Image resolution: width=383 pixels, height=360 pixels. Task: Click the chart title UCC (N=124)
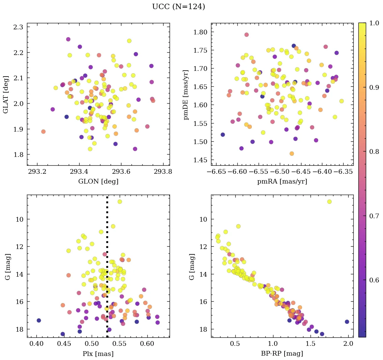pyautogui.click(x=178, y=7)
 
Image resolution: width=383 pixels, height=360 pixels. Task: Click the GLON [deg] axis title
pyautogui.click(x=98, y=182)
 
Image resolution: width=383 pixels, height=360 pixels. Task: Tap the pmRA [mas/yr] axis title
pyautogui.click(x=282, y=182)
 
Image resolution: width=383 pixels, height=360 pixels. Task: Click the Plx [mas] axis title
pyautogui.click(x=98, y=354)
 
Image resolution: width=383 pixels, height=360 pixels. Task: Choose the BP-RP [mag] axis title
pyautogui.click(x=282, y=354)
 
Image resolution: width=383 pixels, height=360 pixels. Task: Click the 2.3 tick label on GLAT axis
pyautogui.click(x=18, y=27)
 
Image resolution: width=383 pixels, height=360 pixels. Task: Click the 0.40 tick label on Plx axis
pyautogui.click(x=36, y=344)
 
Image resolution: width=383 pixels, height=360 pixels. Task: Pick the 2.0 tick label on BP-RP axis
pyautogui.click(x=348, y=344)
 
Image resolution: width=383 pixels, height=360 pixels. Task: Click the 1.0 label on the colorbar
pyautogui.click(x=374, y=23)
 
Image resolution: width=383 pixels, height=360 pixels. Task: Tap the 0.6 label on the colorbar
pyautogui.click(x=374, y=280)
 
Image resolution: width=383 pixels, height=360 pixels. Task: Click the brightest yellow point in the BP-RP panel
pyautogui.click(x=329, y=202)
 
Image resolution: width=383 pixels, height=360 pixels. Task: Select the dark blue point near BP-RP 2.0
pyautogui.click(x=347, y=322)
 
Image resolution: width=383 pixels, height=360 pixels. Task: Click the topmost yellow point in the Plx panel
pyautogui.click(x=120, y=202)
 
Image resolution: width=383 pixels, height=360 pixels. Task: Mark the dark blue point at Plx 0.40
pyautogui.click(x=39, y=320)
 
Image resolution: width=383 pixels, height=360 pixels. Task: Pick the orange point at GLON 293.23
pyautogui.click(x=43, y=132)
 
